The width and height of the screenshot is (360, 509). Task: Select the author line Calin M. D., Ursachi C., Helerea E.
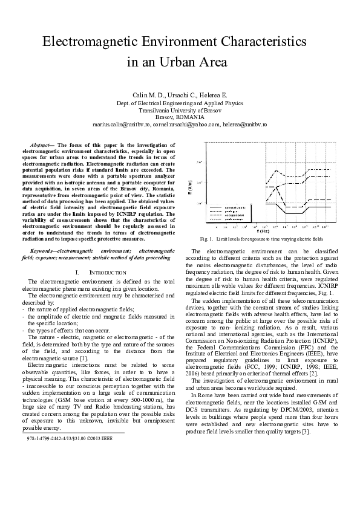(x=180, y=96)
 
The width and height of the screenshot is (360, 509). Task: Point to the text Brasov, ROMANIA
(x=180, y=117)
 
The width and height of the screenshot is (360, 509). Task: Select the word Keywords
(x=44, y=249)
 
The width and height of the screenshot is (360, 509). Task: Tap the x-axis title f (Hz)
(x=280, y=230)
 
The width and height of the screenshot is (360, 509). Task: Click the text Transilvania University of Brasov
(x=180, y=110)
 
